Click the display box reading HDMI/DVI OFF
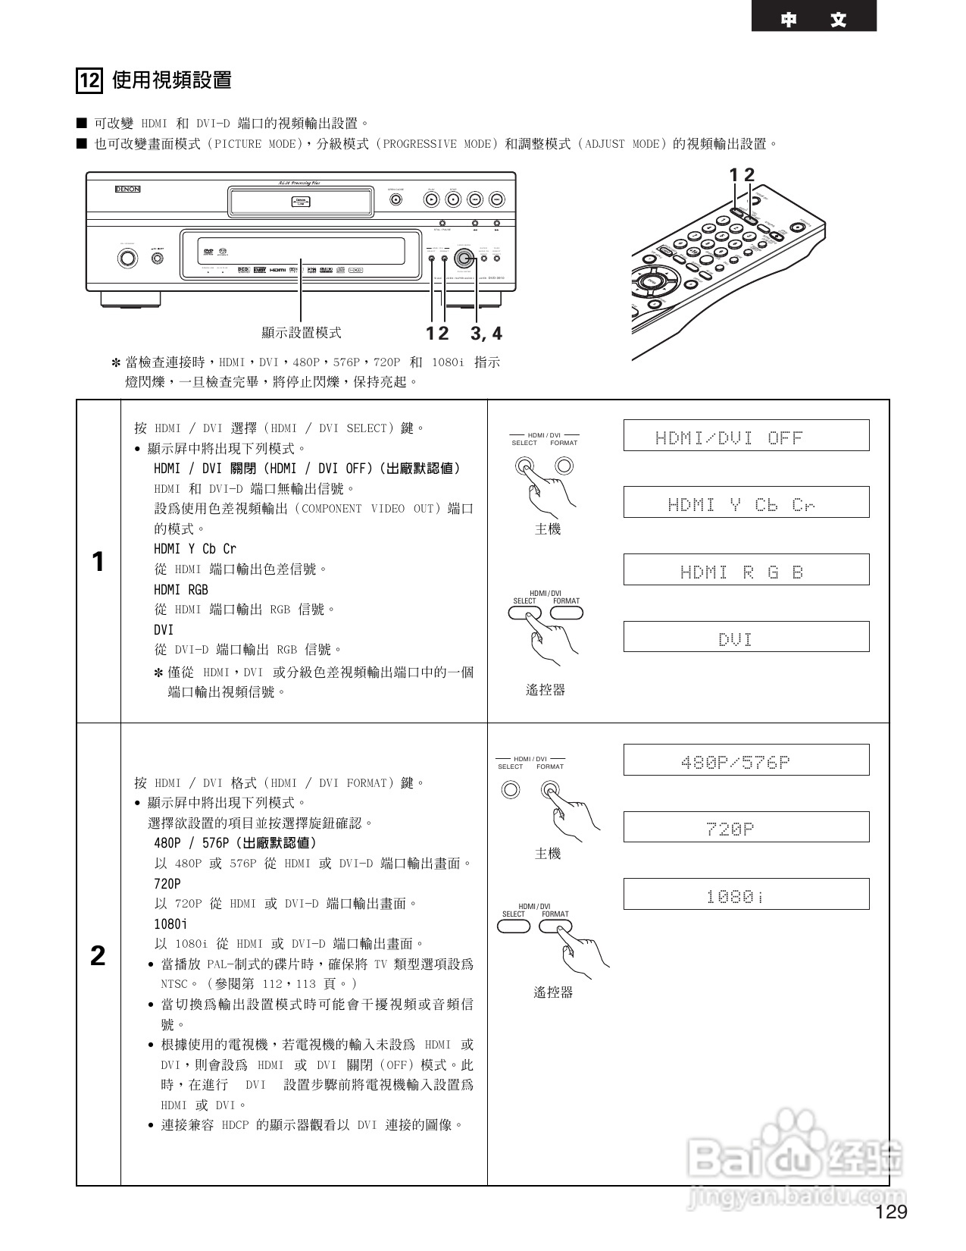(746, 436)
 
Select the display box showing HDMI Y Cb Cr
(746, 503)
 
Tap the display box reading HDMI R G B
(746, 569)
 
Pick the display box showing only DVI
(746, 637)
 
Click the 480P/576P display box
(746, 760)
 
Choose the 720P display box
(746, 827)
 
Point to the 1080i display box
(746, 895)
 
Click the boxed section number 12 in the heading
(89, 80)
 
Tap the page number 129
(891, 1212)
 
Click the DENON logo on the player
(127, 189)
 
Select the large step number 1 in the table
(98, 562)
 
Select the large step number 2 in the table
(98, 956)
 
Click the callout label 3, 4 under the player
(486, 334)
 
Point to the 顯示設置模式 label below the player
(301, 333)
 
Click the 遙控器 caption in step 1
(546, 690)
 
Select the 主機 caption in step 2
(548, 854)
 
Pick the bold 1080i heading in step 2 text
(170, 924)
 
